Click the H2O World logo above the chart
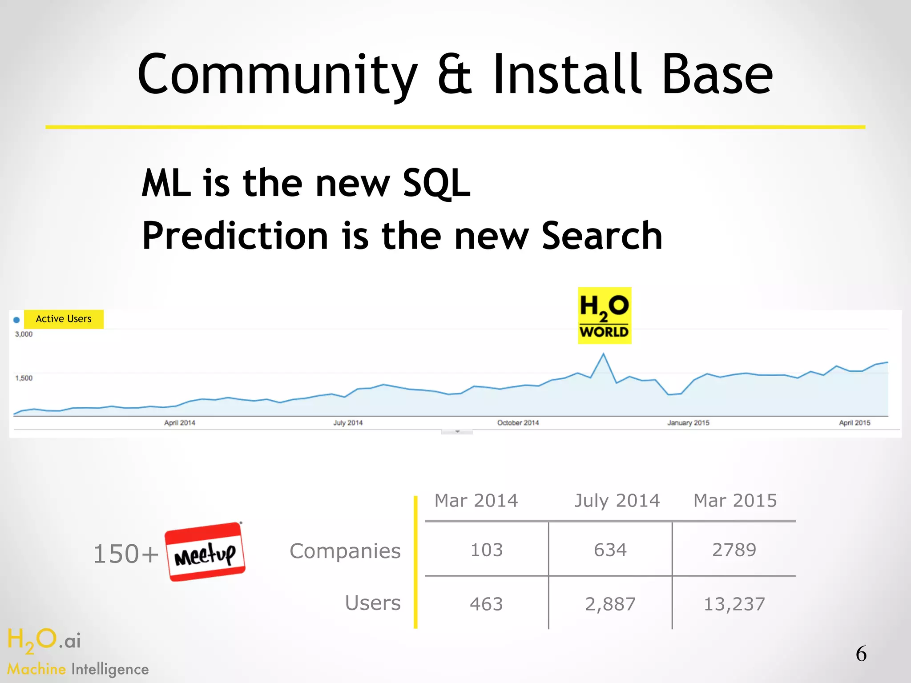point(604,315)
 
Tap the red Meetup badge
point(205,552)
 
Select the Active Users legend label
point(64,319)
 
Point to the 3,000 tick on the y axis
point(24,334)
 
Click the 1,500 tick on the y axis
point(24,378)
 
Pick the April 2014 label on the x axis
point(180,423)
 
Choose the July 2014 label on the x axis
point(348,423)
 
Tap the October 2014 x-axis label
point(518,423)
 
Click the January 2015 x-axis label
point(688,423)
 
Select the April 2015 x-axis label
point(855,423)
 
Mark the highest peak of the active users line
point(603,354)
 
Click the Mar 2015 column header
point(735,501)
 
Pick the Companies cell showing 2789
point(734,550)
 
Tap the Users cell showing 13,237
point(734,604)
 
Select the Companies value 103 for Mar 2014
point(487,550)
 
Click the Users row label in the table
point(373,603)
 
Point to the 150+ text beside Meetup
point(126,554)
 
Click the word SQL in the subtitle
point(436,184)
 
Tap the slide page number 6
point(861,654)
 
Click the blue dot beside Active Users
point(16,320)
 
